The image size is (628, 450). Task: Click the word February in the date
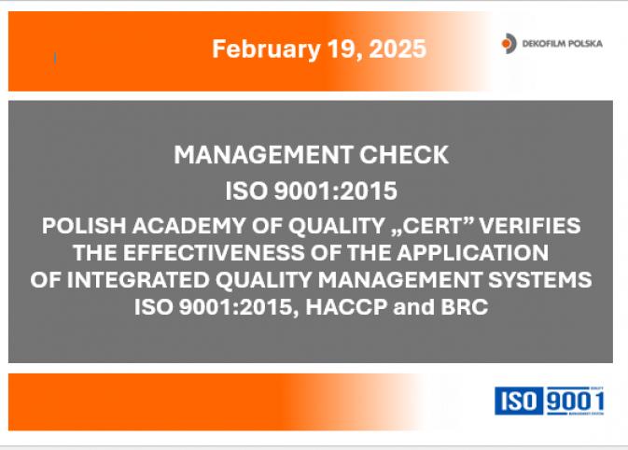pos(266,49)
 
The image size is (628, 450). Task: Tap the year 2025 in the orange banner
pos(398,49)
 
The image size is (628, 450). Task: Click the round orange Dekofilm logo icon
pos(509,43)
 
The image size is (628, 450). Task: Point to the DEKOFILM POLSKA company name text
pos(563,44)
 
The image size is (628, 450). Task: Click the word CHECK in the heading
pos(404,155)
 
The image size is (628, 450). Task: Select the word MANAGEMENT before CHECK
pos(263,155)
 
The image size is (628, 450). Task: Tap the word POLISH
pos(84,225)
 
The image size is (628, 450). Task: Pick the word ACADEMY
pos(188,225)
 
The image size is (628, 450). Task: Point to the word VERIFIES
pos(530,225)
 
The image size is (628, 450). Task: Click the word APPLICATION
pos(472,252)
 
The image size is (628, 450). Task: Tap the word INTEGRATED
pos(138,280)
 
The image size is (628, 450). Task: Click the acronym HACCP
pos(346,307)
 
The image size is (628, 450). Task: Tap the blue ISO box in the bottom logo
pos(519,401)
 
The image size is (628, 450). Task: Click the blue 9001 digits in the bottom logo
pos(575,401)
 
